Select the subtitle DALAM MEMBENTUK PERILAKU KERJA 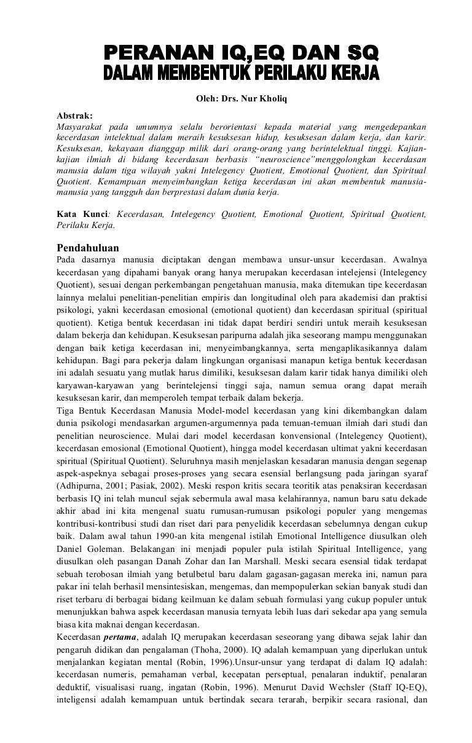(240, 74)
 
